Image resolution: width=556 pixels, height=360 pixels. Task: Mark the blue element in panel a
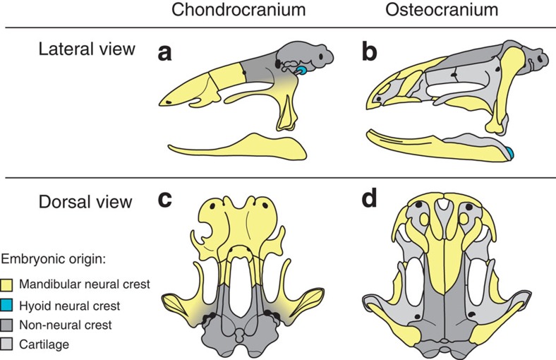click(301, 71)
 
